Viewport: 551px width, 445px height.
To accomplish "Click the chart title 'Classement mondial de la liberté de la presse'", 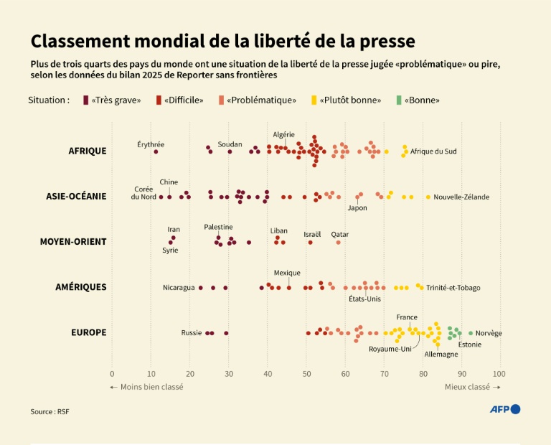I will (x=222, y=40).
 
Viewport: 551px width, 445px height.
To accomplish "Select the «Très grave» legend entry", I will (x=112, y=100).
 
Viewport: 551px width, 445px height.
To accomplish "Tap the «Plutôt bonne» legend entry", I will (x=346, y=100).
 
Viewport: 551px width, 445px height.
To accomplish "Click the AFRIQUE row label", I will (x=87, y=151).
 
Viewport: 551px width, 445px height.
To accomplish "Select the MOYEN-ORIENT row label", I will (x=72, y=241).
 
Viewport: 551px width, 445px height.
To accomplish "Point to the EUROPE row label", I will (x=88, y=332).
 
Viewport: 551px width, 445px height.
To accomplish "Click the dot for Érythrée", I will (x=156, y=151).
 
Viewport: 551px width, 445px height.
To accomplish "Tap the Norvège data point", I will (x=471, y=333).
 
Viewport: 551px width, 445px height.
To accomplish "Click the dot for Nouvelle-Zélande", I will (x=428, y=197).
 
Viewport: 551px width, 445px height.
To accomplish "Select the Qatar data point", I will (x=339, y=243).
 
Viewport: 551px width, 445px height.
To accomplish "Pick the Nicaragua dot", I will (x=200, y=288).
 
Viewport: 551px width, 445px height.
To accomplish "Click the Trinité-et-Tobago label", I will (x=453, y=288).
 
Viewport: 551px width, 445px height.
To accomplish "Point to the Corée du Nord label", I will (x=143, y=193).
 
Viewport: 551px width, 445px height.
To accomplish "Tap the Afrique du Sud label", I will (x=433, y=151).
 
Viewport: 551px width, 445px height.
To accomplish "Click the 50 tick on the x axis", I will (x=306, y=374).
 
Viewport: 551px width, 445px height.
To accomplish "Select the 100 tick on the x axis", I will (x=499, y=374).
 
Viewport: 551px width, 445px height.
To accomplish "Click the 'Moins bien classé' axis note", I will (x=146, y=387).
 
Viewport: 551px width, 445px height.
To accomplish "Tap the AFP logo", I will (x=504, y=409).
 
